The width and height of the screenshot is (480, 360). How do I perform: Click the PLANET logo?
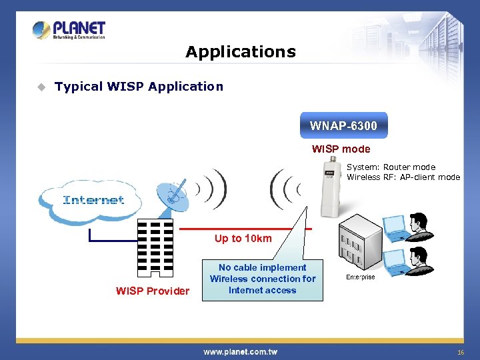coord(69,31)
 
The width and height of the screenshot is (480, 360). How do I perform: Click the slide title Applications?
coord(241,52)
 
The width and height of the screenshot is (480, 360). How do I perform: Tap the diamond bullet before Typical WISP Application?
coord(41,87)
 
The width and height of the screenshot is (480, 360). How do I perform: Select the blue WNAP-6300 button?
coord(343,125)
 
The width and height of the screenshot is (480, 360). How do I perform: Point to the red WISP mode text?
coord(341,149)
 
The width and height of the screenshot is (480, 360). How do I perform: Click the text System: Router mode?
coord(391,167)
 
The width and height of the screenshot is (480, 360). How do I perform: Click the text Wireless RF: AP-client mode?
coord(403,177)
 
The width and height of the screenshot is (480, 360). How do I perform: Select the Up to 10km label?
coord(243,239)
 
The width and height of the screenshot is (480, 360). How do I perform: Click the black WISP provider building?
coord(155,247)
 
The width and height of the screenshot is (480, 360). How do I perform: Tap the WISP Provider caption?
coord(153,291)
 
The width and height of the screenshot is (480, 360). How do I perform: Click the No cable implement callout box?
coord(263,279)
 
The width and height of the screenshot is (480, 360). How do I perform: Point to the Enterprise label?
coord(360,277)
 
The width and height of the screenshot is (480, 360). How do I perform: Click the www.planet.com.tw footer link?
coord(240,351)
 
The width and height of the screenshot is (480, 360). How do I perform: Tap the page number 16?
coord(460,351)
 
